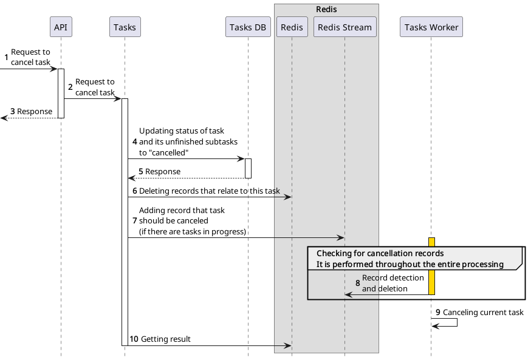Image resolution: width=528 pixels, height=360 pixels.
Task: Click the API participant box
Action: coord(61,27)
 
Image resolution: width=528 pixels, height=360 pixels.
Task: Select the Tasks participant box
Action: coord(125,27)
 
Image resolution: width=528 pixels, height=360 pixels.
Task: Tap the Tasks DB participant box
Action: coord(248,27)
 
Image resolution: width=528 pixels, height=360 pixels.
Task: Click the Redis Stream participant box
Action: coord(345,27)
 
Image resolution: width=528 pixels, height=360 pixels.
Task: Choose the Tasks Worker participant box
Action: coord(431,27)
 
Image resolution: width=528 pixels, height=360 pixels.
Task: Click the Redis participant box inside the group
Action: coord(292,27)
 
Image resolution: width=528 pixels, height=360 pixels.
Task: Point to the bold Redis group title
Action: coord(326,10)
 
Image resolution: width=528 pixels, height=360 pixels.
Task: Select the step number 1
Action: coord(7,58)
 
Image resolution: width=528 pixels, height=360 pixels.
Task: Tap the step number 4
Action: coord(135,141)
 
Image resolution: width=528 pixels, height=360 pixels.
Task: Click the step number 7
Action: coord(135,221)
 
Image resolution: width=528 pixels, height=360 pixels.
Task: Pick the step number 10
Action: coord(134,339)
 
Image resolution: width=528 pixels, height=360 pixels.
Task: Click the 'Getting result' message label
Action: coord(165,339)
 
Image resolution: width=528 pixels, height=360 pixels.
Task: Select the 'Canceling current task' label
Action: coord(482,312)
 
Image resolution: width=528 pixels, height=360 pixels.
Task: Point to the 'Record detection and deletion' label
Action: coord(393,283)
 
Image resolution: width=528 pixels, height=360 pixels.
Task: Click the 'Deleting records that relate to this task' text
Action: coord(209,191)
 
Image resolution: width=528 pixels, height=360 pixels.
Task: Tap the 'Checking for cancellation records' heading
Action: coord(380,253)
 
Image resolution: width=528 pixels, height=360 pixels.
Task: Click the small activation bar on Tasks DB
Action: coord(248,168)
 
